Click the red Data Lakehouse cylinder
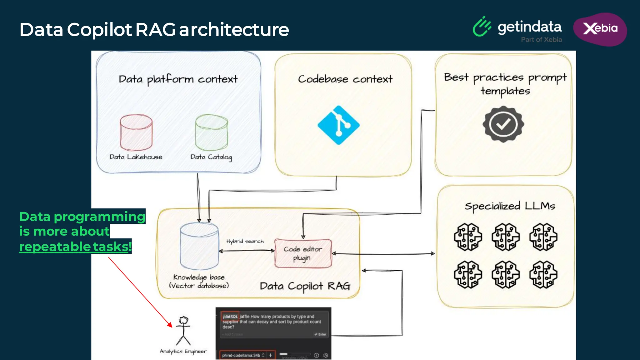coord(136,132)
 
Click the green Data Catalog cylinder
coord(211,132)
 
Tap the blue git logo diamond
coord(338,125)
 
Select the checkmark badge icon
coord(503,124)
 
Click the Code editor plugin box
coord(303,253)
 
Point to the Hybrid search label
coord(245,241)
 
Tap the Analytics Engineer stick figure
coord(183,331)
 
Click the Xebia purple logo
coord(600,29)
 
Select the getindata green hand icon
coord(482,27)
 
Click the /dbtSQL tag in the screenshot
coord(230,317)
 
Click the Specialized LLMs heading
coord(510,206)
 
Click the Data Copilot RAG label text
coord(305,286)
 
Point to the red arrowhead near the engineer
coord(170,325)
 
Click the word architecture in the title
coord(234,30)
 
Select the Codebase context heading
coord(345,79)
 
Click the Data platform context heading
coord(178,79)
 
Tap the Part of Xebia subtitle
coord(541,40)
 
